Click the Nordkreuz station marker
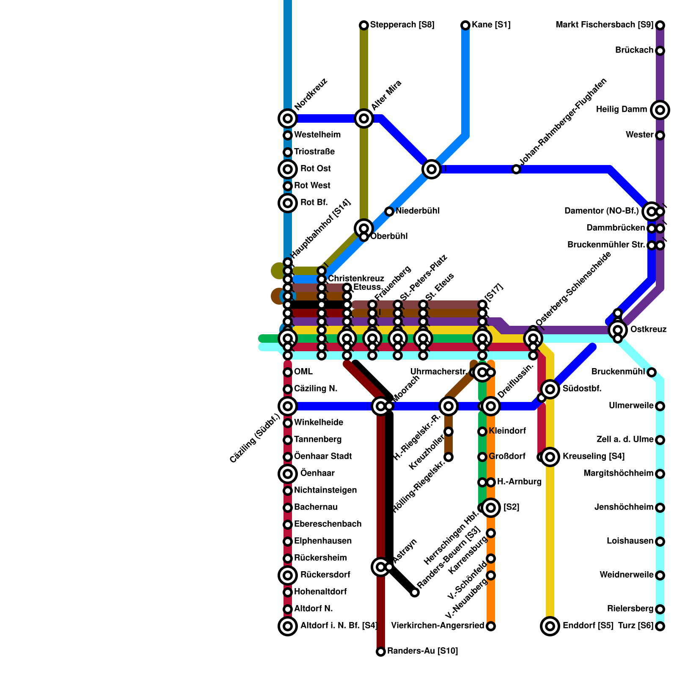(288, 118)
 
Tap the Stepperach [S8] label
(402, 25)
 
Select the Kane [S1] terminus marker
(465, 25)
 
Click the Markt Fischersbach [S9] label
(604, 25)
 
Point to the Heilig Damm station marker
(660, 110)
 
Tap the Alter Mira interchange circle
(364, 118)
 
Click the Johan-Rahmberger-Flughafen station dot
(516, 169)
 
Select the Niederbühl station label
(418, 211)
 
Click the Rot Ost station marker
(288, 169)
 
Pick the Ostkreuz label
(648, 329)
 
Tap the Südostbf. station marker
(550, 389)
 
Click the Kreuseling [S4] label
(593, 457)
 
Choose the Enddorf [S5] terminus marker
(550, 626)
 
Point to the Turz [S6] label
(636, 626)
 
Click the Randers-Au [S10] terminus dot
(381, 652)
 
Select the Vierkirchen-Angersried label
(438, 626)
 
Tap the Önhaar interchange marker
(288, 474)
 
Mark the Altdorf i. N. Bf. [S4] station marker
(288, 626)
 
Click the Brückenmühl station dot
(652, 372)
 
